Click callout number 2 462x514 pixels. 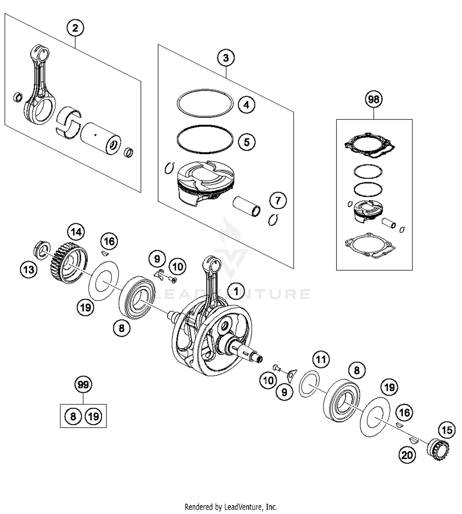pyautogui.click(x=75, y=28)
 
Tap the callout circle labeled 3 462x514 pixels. pyautogui.click(x=226, y=58)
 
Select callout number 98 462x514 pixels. pyautogui.click(x=374, y=99)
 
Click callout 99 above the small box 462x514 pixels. pyautogui.click(x=83, y=385)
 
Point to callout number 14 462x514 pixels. pyautogui.click(x=76, y=232)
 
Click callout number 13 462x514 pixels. pyautogui.click(x=29, y=270)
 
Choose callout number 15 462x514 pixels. pyautogui.click(x=447, y=430)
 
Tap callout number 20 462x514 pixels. pyautogui.click(x=407, y=455)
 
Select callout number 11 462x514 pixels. pyautogui.click(x=321, y=359)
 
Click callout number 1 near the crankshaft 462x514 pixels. pyautogui.click(x=236, y=291)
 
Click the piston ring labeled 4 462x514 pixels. pyautogui.click(x=205, y=103)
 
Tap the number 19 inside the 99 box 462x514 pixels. pyautogui.click(x=93, y=416)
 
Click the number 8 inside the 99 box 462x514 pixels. pyautogui.click(x=73, y=416)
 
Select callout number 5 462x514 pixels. pyautogui.click(x=246, y=142)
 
